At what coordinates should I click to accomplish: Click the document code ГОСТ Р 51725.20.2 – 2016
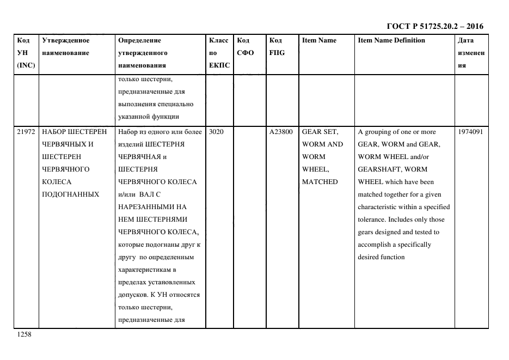click(434, 26)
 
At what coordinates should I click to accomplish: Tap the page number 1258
click(25, 335)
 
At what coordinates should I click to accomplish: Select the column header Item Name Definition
click(391, 40)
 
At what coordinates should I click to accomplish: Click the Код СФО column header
click(243, 47)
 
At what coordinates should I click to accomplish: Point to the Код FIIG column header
click(277, 47)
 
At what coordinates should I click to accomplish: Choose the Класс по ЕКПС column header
click(219, 53)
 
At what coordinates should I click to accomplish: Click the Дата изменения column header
click(471, 53)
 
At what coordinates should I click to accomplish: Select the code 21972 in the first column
click(26, 132)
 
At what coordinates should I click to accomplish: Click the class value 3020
click(216, 132)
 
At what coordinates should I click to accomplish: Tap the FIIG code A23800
click(281, 132)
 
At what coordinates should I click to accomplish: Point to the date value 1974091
click(470, 132)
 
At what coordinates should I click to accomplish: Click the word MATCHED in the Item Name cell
click(320, 182)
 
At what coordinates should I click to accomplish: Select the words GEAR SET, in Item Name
click(320, 132)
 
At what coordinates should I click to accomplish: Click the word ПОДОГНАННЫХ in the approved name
click(70, 194)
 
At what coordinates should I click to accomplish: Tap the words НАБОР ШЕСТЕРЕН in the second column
click(75, 132)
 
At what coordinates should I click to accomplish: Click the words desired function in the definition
click(381, 257)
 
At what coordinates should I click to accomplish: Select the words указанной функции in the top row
click(148, 117)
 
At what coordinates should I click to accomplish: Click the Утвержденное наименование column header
click(66, 47)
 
